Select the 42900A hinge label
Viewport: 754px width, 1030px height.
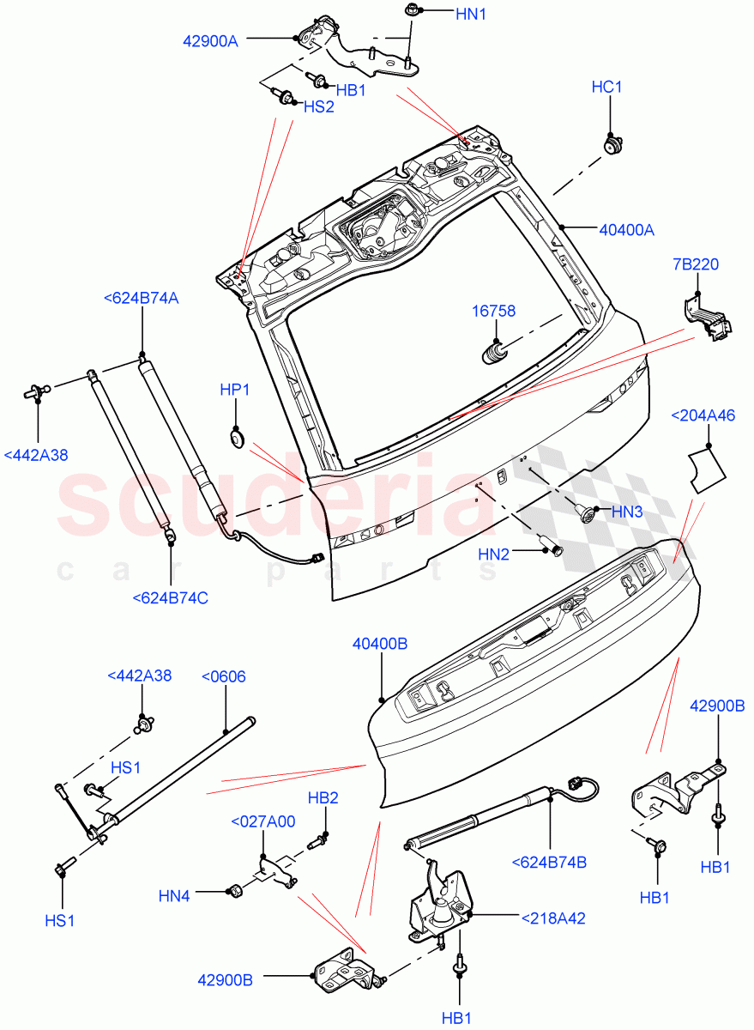(210, 39)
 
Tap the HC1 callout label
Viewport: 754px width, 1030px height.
(607, 88)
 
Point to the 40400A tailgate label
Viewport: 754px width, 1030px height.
(626, 229)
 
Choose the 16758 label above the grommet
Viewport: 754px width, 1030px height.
(493, 311)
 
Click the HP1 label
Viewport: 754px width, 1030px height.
(235, 390)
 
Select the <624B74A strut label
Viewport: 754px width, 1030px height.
(142, 298)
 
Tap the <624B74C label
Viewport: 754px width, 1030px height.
(170, 597)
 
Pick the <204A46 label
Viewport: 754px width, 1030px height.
(703, 416)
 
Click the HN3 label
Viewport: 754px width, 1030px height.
(627, 512)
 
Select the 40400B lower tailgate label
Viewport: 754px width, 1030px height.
(380, 642)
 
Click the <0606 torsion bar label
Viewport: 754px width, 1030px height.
(223, 676)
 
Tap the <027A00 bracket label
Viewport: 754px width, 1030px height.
(263, 821)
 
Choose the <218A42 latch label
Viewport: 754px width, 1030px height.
(553, 918)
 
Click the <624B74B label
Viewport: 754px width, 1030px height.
(549, 862)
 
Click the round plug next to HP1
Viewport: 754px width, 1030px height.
(237, 439)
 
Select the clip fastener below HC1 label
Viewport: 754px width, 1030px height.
(612, 143)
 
